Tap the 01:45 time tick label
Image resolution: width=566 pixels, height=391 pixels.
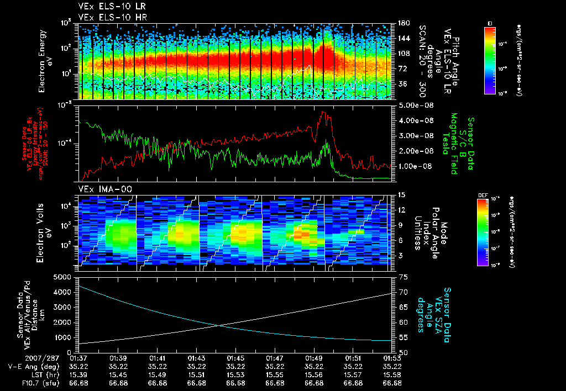(236, 358)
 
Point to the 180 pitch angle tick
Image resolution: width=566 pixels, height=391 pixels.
(402, 23)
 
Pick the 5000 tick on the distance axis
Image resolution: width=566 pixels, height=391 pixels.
(63, 276)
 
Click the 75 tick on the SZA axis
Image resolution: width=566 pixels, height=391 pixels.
(402, 277)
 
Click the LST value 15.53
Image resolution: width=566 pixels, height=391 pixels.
(236, 374)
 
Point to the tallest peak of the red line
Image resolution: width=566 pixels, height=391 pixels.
(323, 112)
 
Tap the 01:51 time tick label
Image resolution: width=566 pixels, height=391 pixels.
(354, 358)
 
